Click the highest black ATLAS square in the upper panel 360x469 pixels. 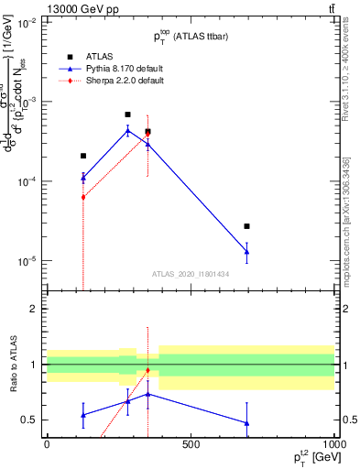[127, 115]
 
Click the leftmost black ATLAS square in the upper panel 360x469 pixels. [83, 156]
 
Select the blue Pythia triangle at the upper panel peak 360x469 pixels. [127, 131]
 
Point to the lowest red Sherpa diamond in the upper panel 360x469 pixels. [83, 197]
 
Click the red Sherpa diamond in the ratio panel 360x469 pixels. [147, 370]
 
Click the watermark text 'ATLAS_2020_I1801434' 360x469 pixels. [190, 273]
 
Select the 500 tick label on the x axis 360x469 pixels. [191, 444]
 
